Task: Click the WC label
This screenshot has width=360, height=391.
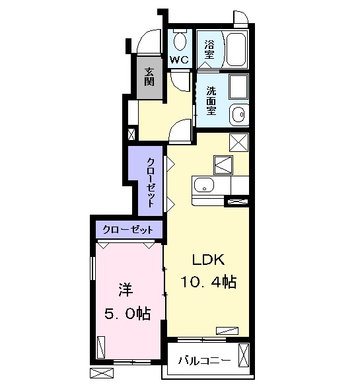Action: point(179,59)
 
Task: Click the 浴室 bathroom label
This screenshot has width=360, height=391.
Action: point(209,50)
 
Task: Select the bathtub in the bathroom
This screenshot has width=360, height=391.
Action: point(236,49)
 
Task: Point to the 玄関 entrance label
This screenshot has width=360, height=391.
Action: point(149,77)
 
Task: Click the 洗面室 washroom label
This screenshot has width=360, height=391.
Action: point(211,101)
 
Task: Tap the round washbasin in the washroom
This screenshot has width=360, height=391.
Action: point(239,114)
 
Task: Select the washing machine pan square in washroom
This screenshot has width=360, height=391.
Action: point(238,87)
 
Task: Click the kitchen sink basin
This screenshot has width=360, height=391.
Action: point(204,185)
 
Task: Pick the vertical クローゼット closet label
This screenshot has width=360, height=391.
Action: point(151,182)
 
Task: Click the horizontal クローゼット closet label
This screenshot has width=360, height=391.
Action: point(127,230)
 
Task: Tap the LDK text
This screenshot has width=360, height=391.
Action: point(208,260)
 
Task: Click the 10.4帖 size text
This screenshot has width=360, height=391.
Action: point(208,282)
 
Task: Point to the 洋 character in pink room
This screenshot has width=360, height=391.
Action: point(126,290)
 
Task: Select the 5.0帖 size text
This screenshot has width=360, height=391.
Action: point(127,314)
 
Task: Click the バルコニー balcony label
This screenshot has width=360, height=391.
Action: point(204,361)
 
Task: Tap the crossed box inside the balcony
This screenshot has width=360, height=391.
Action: point(244,355)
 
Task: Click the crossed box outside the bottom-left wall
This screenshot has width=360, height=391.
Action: point(101,374)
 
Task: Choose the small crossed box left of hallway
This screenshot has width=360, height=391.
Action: point(131,134)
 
